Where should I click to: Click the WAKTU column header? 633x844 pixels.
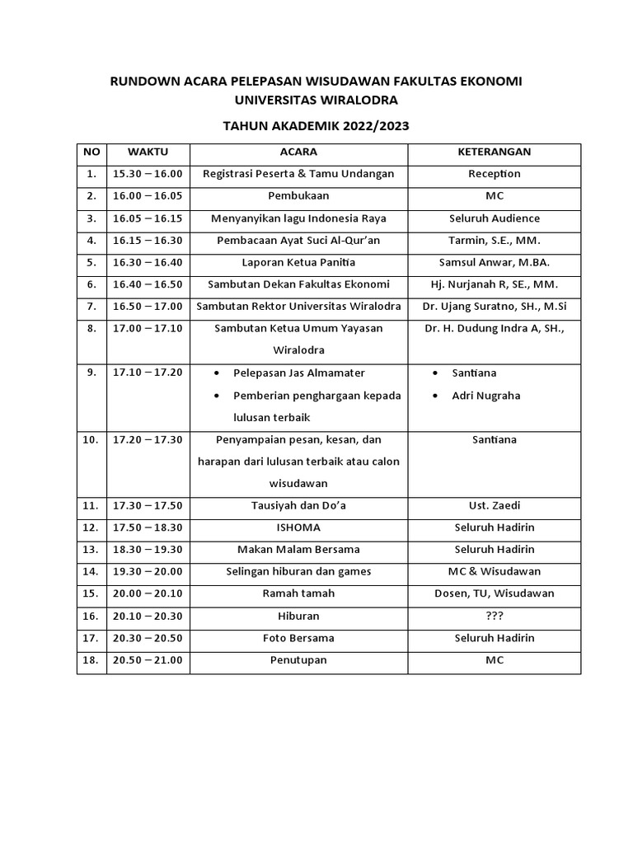pyautogui.click(x=148, y=152)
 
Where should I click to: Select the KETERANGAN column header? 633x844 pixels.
pyautogui.click(x=495, y=152)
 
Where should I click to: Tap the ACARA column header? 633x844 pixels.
pyautogui.click(x=298, y=152)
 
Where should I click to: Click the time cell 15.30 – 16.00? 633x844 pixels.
pyautogui.click(x=148, y=174)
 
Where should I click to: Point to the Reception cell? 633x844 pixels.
pyautogui.click(x=495, y=174)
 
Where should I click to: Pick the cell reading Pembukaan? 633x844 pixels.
pyautogui.click(x=298, y=196)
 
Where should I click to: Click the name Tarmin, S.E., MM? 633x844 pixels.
pyautogui.click(x=495, y=241)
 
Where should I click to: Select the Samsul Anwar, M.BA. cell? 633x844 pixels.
pyautogui.click(x=495, y=263)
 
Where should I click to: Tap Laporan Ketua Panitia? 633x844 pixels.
pyautogui.click(x=298, y=263)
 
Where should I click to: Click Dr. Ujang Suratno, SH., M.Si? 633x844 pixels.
pyautogui.click(x=495, y=307)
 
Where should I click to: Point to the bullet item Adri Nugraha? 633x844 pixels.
pyautogui.click(x=486, y=396)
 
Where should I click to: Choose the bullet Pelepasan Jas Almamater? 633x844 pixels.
pyautogui.click(x=299, y=373)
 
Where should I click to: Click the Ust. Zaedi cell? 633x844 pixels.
pyautogui.click(x=495, y=505)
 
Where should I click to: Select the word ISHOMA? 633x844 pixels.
pyautogui.click(x=298, y=527)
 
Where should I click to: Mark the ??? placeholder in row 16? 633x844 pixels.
pyautogui.click(x=495, y=616)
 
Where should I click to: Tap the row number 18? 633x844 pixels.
pyautogui.click(x=91, y=660)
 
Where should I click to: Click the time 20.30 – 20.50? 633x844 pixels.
pyautogui.click(x=148, y=638)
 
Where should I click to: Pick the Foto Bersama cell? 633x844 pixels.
pyautogui.click(x=298, y=638)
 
